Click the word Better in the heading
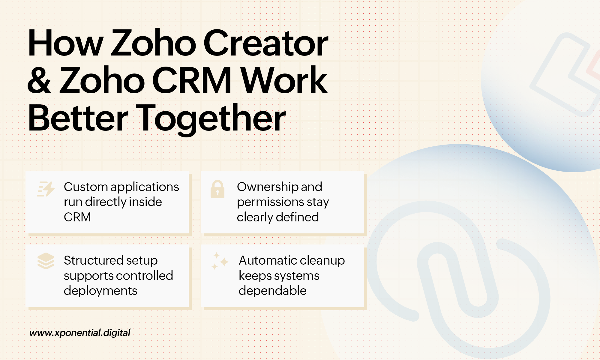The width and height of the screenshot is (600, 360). (x=78, y=118)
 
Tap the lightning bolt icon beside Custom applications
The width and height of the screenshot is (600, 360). (x=46, y=189)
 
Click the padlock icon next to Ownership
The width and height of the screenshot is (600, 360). (x=217, y=189)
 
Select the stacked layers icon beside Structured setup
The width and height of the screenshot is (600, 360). (x=46, y=261)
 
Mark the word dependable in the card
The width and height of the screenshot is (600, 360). (x=272, y=290)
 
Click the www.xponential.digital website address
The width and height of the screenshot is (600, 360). (x=80, y=333)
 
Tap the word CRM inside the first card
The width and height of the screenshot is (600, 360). (x=77, y=217)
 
